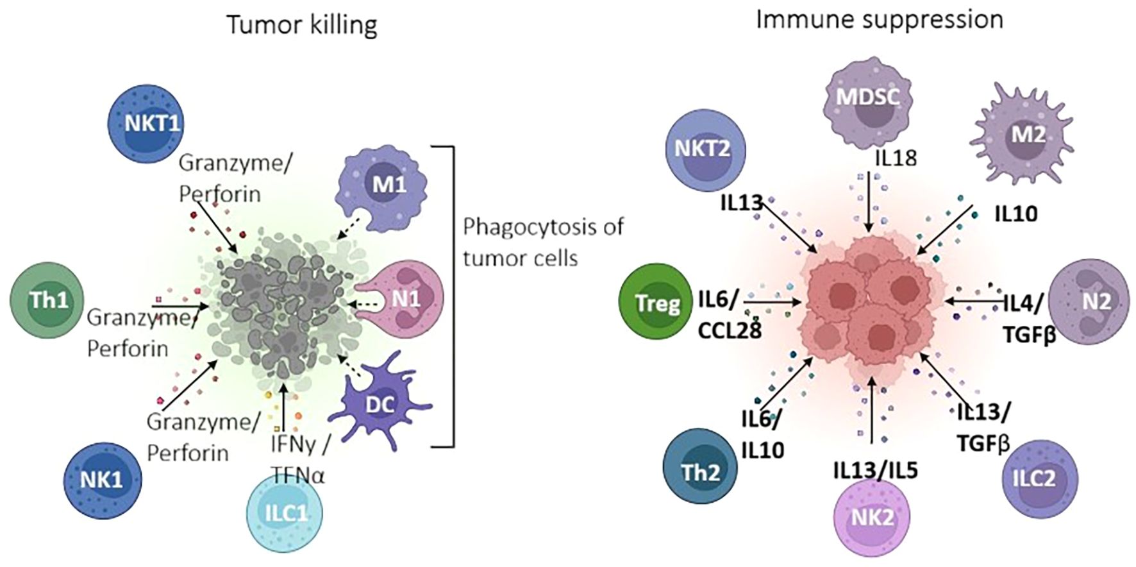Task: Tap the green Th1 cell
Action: coord(47,300)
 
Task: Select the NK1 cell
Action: coord(103,480)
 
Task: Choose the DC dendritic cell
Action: coord(381,404)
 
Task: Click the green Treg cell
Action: coord(657,303)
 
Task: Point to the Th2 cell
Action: coord(700,472)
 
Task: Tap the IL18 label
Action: coord(896,158)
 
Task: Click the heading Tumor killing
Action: coord(302,25)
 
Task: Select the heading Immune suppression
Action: coord(879,20)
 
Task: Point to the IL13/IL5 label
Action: coord(875,470)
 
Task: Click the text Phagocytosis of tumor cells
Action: coord(542,242)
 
